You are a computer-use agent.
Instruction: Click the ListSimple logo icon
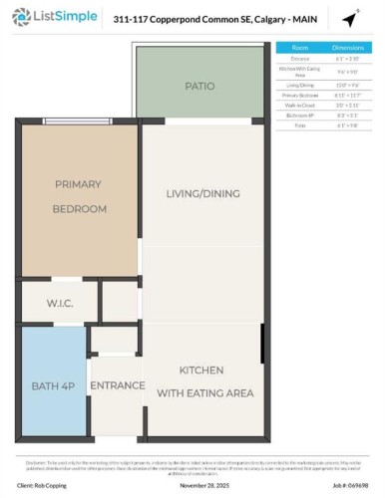pyautogui.click(x=22, y=17)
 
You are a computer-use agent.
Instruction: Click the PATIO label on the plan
pyautogui.click(x=199, y=87)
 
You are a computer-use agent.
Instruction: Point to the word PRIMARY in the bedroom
pyautogui.click(x=79, y=184)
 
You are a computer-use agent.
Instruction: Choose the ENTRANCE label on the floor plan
pyautogui.click(x=118, y=385)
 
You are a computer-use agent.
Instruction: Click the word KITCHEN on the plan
pyautogui.click(x=202, y=371)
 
